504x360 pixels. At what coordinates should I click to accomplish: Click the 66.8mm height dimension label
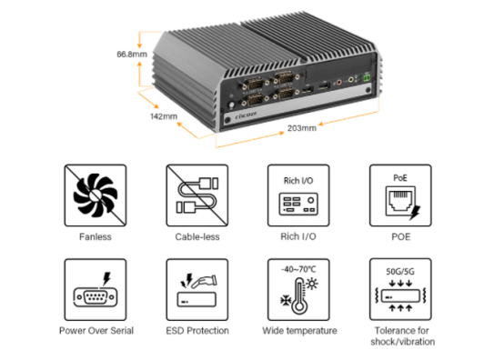click(132, 54)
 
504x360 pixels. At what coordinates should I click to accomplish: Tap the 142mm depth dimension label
click(164, 116)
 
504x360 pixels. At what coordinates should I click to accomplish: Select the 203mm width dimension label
click(302, 128)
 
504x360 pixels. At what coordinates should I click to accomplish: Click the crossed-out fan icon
click(96, 195)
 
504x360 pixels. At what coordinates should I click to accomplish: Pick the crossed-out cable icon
click(197, 195)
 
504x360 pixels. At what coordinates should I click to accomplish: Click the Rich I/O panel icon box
click(298, 195)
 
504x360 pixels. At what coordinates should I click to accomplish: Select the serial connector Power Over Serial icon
click(96, 290)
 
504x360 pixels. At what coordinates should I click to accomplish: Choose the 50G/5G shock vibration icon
click(400, 289)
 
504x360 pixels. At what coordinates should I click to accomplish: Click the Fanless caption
click(96, 237)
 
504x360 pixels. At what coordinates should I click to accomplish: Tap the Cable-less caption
click(197, 237)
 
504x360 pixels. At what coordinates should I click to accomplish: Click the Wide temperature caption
click(299, 331)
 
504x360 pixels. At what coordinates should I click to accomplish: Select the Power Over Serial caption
click(96, 331)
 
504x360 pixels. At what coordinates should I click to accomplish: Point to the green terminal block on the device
click(367, 77)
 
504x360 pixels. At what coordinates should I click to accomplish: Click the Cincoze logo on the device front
click(246, 115)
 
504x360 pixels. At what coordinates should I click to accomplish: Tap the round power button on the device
click(231, 105)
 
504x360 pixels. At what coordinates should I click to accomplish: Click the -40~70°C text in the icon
click(298, 269)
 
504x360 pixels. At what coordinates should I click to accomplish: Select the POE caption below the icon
click(401, 237)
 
